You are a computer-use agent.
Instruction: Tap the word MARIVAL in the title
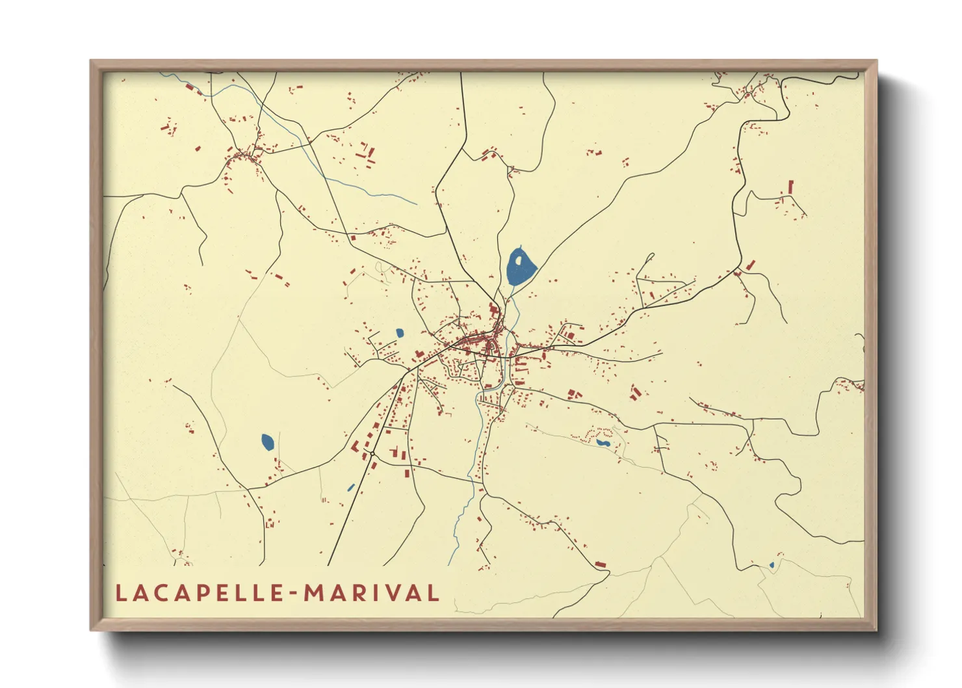pyautogui.click(x=371, y=593)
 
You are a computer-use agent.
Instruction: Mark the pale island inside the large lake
pyautogui.click(x=519, y=261)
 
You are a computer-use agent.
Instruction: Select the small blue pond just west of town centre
pyautogui.click(x=400, y=333)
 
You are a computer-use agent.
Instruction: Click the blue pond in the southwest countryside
pyautogui.click(x=267, y=442)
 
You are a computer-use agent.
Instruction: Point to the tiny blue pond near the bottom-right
pyautogui.click(x=772, y=565)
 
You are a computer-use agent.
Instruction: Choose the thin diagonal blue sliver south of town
pyautogui.click(x=351, y=487)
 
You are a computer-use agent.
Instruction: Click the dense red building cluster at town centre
pyautogui.click(x=484, y=341)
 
